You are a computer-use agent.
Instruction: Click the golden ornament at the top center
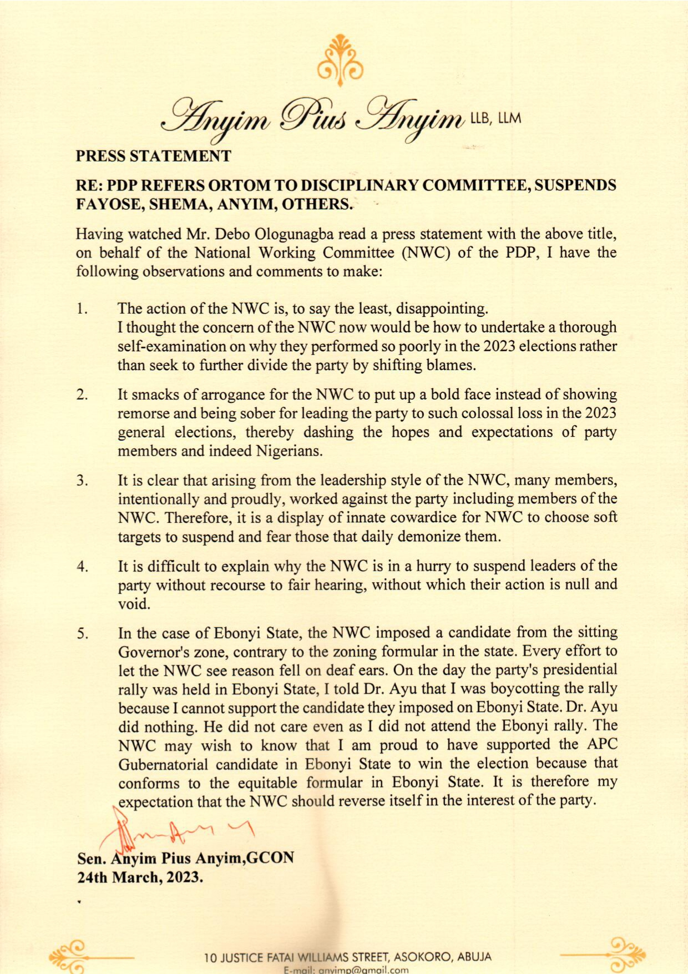340,60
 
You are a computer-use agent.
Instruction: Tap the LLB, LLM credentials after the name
495,118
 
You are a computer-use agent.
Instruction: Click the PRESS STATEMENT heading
153,156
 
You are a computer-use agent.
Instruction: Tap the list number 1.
82,309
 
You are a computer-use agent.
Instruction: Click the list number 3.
82,481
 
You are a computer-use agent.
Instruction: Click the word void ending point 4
134,604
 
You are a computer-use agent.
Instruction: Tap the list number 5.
82,634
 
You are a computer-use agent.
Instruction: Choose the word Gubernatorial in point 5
163,764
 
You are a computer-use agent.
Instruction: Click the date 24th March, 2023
140,877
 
